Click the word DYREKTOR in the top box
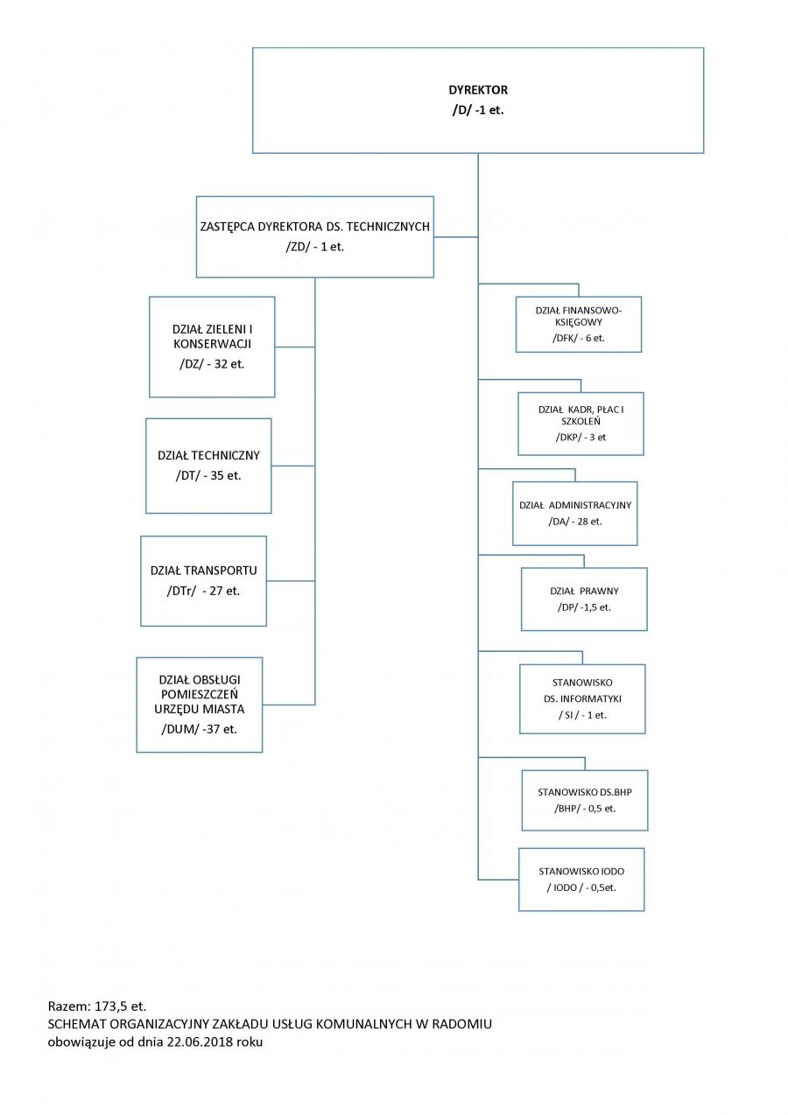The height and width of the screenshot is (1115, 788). [x=478, y=90]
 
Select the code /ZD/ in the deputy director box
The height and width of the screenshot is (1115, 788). [x=298, y=247]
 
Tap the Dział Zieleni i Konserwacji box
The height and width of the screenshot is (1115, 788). [x=212, y=347]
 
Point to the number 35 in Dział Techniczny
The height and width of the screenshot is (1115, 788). [x=216, y=475]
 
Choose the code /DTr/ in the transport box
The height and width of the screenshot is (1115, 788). [x=182, y=591]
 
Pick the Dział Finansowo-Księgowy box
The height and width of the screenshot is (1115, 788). [x=578, y=325]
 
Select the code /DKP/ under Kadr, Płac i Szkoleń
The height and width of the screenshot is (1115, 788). [x=568, y=437]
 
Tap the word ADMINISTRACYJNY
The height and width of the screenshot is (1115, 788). [x=590, y=505]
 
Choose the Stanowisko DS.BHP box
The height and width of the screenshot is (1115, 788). [x=585, y=801]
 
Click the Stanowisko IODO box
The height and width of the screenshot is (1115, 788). [x=581, y=880]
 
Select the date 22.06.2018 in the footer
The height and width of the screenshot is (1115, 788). [x=200, y=1041]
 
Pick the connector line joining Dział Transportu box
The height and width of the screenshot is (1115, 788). [x=291, y=580]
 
